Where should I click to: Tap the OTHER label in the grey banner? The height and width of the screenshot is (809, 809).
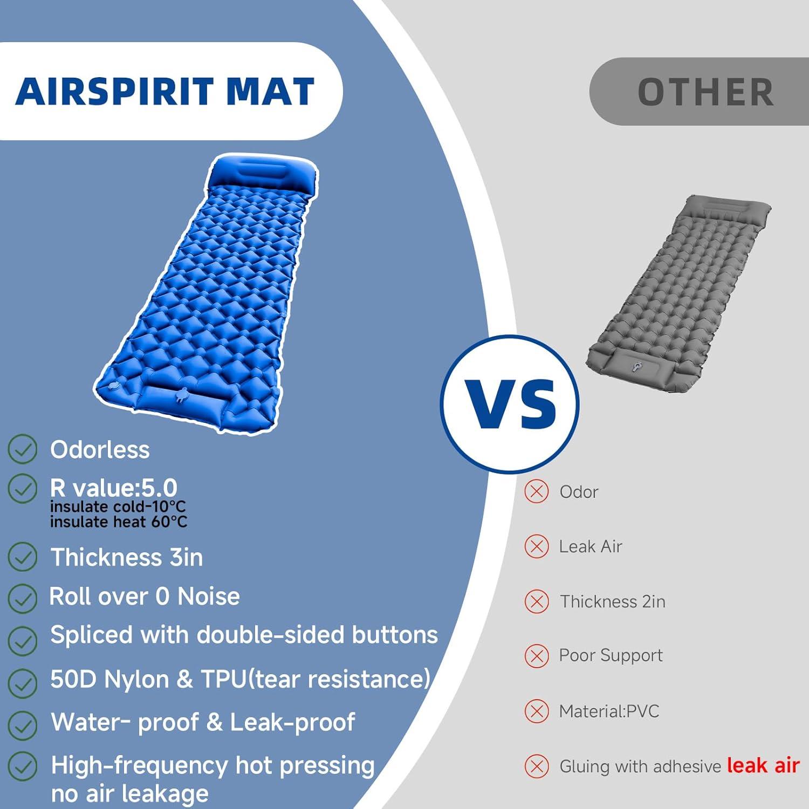(x=705, y=92)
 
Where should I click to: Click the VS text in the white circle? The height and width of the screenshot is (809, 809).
(x=510, y=404)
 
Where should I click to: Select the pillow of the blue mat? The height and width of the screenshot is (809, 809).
(x=262, y=172)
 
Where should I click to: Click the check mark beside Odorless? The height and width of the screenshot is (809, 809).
(x=23, y=450)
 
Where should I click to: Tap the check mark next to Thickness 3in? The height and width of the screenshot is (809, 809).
(x=23, y=557)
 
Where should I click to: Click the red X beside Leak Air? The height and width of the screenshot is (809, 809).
(x=536, y=546)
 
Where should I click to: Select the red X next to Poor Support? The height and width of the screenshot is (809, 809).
(x=536, y=656)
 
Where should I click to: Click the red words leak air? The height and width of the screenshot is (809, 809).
(x=763, y=765)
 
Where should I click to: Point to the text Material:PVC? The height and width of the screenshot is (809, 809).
(x=609, y=711)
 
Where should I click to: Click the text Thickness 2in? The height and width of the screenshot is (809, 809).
(x=613, y=601)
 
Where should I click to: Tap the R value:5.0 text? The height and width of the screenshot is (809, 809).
(x=113, y=488)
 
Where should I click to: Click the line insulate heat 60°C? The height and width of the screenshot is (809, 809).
(x=119, y=522)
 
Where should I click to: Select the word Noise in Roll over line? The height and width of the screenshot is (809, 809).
(x=209, y=597)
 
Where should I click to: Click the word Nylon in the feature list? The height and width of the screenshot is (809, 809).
(x=136, y=679)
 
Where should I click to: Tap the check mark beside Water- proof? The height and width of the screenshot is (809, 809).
(x=23, y=724)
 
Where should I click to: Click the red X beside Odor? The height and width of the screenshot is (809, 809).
(x=536, y=491)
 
